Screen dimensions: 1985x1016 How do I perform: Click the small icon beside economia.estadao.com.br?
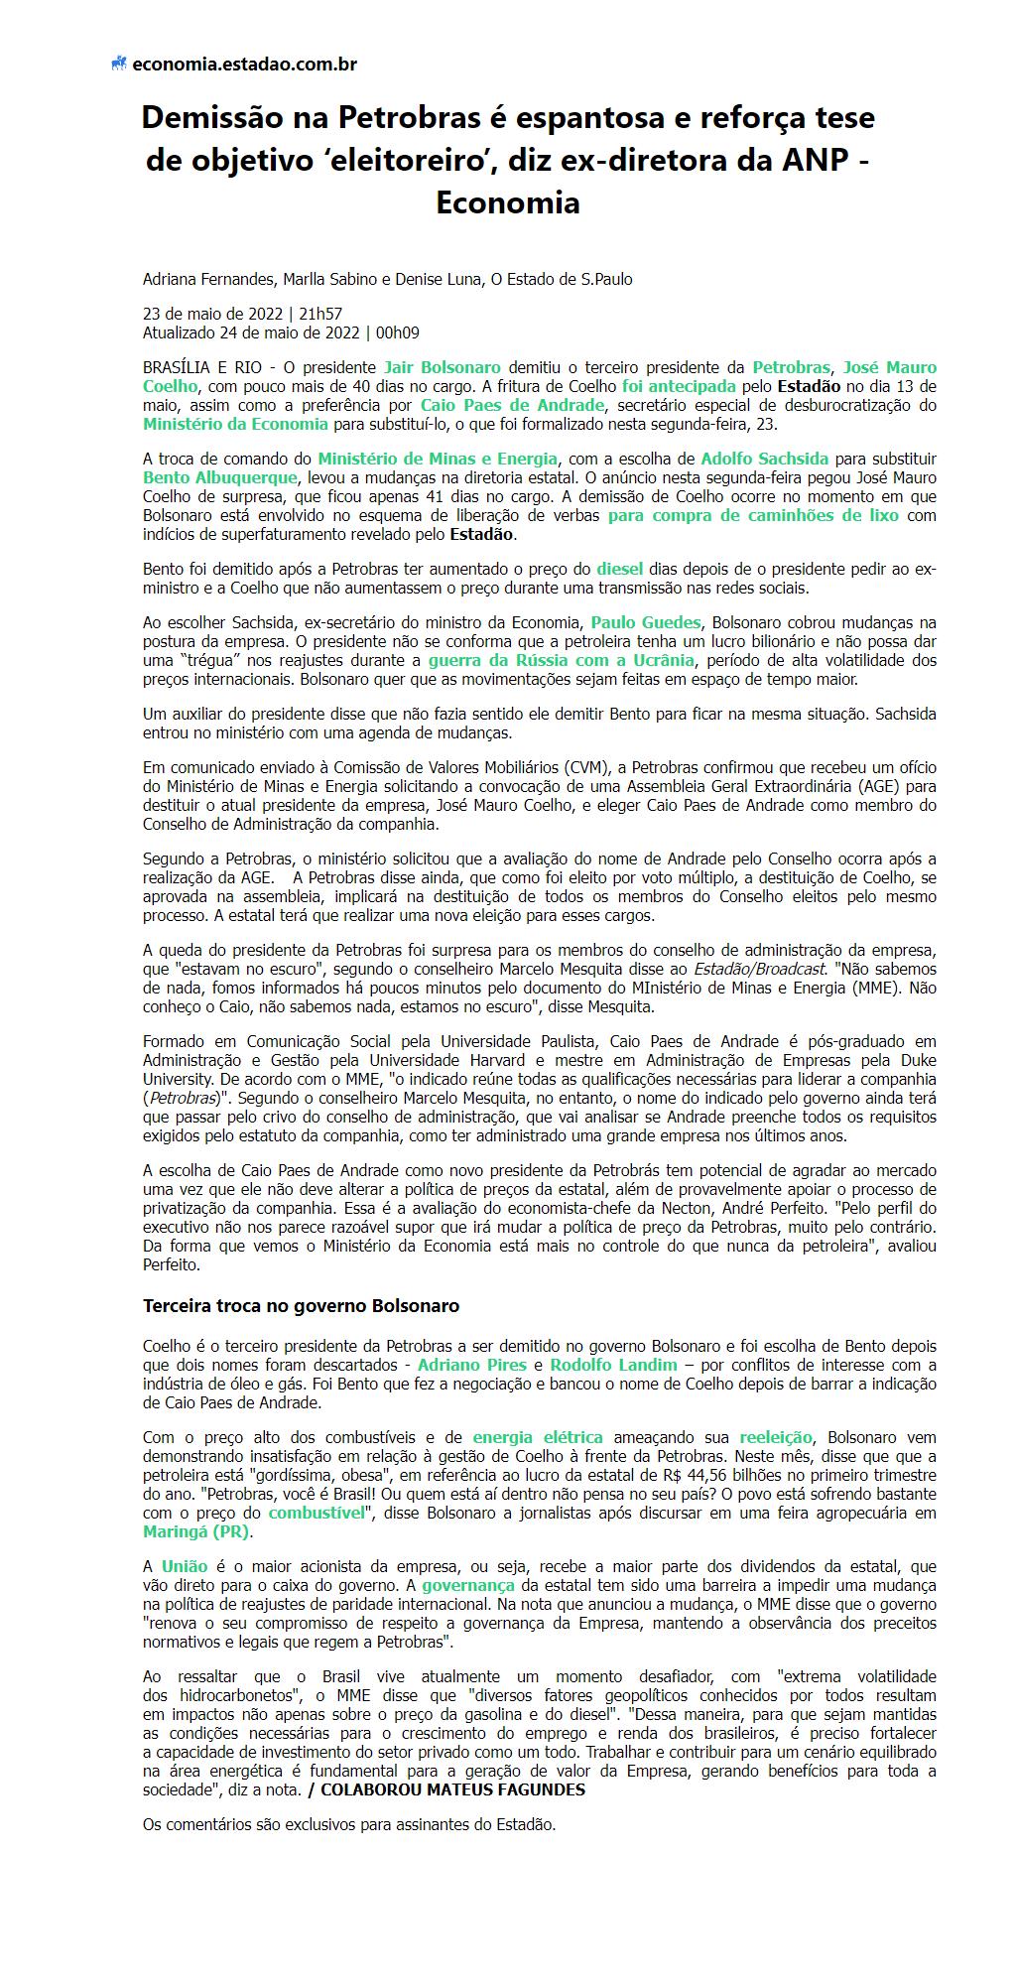(x=119, y=65)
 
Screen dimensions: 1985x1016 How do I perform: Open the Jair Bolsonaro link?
(x=442, y=367)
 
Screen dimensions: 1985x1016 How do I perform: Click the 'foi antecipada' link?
(x=679, y=386)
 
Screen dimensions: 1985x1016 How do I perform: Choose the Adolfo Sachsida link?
(x=765, y=459)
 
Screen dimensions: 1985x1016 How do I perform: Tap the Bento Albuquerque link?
(x=219, y=477)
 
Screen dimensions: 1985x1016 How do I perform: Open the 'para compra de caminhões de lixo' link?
(x=753, y=515)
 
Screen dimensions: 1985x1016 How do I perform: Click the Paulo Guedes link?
(x=646, y=622)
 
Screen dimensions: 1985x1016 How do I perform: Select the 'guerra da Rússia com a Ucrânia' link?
(x=561, y=660)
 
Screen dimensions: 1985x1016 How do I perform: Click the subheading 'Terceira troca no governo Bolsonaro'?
(x=301, y=1305)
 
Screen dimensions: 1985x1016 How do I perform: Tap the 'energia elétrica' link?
(x=537, y=1437)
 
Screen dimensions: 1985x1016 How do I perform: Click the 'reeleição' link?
(x=776, y=1437)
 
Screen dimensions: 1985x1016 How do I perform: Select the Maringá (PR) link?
(x=196, y=1531)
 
